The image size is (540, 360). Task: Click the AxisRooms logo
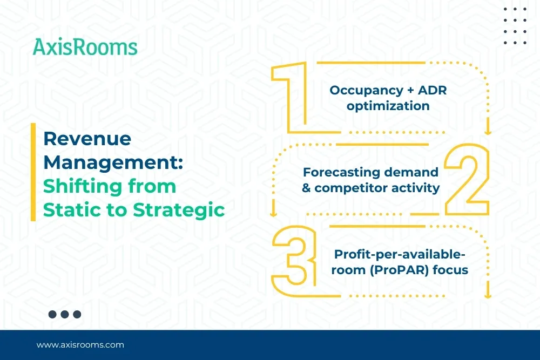[x=85, y=47]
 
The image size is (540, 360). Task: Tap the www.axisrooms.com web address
[x=80, y=345]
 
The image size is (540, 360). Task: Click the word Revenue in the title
[x=87, y=139]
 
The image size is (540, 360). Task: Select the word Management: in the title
[x=113, y=162]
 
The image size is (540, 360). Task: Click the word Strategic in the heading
[x=179, y=210]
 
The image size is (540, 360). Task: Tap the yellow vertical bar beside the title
[x=33, y=172]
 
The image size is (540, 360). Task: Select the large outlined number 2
[x=467, y=180]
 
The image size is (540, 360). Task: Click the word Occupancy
[x=366, y=91]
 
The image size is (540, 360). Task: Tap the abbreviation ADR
[x=432, y=90]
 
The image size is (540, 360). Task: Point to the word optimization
[x=388, y=106]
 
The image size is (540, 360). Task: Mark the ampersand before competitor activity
[x=306, y=188]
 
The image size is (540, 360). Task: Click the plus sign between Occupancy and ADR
[x=410, y=91]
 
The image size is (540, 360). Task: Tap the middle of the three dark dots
[x=65, y=314]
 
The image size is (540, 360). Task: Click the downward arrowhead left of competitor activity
[x=273, y=214]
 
